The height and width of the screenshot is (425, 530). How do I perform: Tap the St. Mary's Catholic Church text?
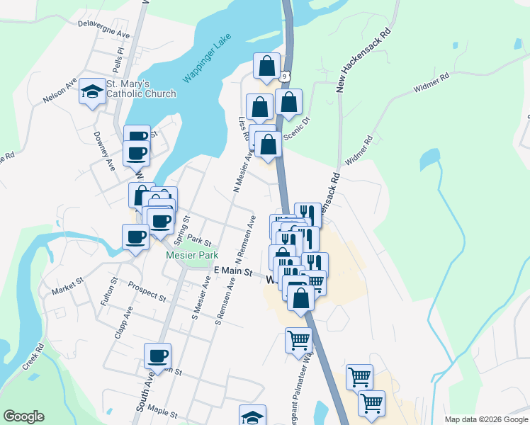(x=141, y=89)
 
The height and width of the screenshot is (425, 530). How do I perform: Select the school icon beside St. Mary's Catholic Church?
(x=92, y=91)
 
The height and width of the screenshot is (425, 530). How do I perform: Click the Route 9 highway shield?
(x=284, y=75)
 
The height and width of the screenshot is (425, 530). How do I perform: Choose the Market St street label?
(x=67, y=285)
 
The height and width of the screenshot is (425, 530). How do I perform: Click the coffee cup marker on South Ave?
(x=157, y=356)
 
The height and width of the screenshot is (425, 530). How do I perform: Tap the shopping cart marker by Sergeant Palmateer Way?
(x=299, y=340)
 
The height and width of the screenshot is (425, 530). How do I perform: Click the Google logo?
(x=23, y=416)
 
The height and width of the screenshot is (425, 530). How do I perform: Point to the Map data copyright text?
(x=486, y=419)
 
